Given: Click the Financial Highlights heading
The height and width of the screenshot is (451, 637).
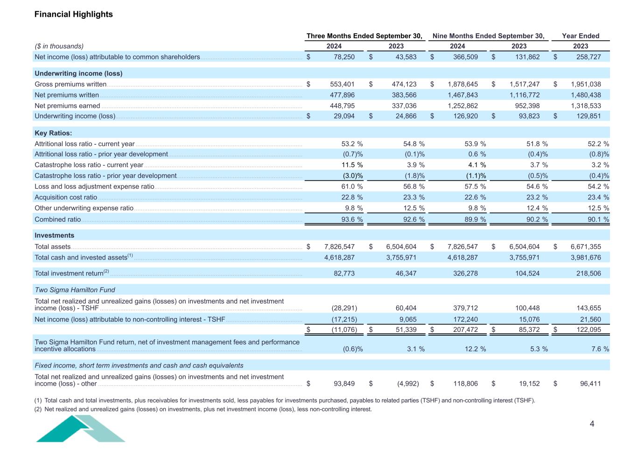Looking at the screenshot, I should point(74,14).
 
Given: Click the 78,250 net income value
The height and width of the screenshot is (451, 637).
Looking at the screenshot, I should point(344,57).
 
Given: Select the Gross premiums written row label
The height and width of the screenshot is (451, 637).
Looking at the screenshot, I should point(70,85).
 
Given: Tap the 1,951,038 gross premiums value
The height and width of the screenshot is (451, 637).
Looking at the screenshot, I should point(586,85).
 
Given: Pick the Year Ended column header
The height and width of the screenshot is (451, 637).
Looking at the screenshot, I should point(581,36).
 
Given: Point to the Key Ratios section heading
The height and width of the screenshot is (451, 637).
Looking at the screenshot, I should point(53,133).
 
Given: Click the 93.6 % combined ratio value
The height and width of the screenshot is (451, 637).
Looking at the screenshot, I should point(352,219).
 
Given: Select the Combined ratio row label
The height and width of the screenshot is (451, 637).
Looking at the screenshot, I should point(58,219).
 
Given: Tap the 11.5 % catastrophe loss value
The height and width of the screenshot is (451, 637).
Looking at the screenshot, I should point(352,165).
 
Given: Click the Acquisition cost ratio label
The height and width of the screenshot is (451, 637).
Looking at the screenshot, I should point(66,197).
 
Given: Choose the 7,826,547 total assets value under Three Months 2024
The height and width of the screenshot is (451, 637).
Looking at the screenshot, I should point(339,247).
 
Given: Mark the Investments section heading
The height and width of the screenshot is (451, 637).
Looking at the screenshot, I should point(55,235).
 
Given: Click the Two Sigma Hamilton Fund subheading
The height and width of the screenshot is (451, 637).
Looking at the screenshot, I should point(75,290).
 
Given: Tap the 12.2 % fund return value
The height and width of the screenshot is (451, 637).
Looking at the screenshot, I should point(475,349).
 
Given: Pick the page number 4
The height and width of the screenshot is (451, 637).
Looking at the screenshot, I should point(592,424).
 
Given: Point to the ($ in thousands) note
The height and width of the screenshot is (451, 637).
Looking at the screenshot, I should point(59,46).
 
